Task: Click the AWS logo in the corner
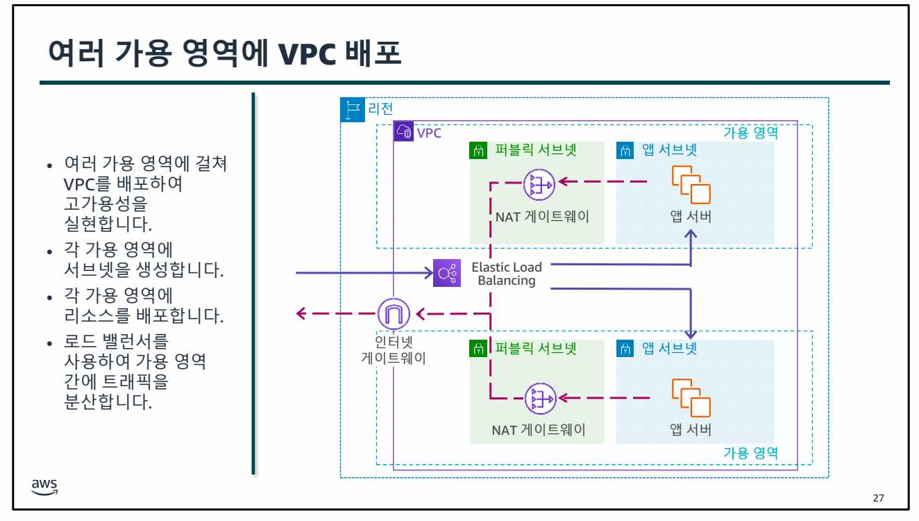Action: [x=45, y=487]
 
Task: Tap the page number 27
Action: [x=878, y=498]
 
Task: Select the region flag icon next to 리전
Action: [x=353, y=110]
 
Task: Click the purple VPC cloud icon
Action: [x=404, y=131]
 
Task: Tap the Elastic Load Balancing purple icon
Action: [x=446, y=273]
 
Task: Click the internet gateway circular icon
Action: [x=394, y=314]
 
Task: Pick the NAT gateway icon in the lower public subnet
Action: [x=539, y=399]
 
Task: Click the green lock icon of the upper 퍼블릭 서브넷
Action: [x=479, y=150]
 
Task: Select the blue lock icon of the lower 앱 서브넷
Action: [x=625, y=349]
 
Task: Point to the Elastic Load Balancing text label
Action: [x=507, y=274]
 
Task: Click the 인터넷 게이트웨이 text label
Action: [x=394, y=350]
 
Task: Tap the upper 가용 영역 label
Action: [x=750, y=133]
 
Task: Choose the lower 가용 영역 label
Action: [x=750, y=453]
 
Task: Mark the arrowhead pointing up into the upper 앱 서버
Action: [x=691, y=235]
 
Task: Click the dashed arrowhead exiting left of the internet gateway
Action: [x=301, y=314]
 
